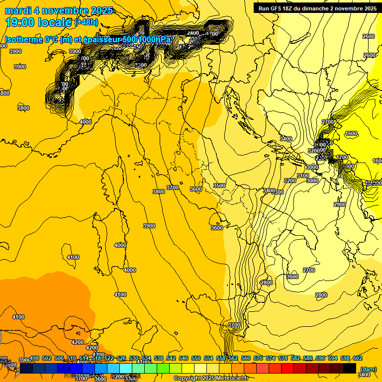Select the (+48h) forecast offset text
point(87,22)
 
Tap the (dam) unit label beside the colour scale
point(368,369)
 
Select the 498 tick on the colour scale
point(34,359)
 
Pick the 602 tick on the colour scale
point(358,359)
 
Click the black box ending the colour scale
point(350,368)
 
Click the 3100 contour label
point(302,176)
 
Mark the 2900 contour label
point(339,204)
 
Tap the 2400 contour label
point(193,33)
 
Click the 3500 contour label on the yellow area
point(219,186)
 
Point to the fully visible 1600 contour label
point(351,133)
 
